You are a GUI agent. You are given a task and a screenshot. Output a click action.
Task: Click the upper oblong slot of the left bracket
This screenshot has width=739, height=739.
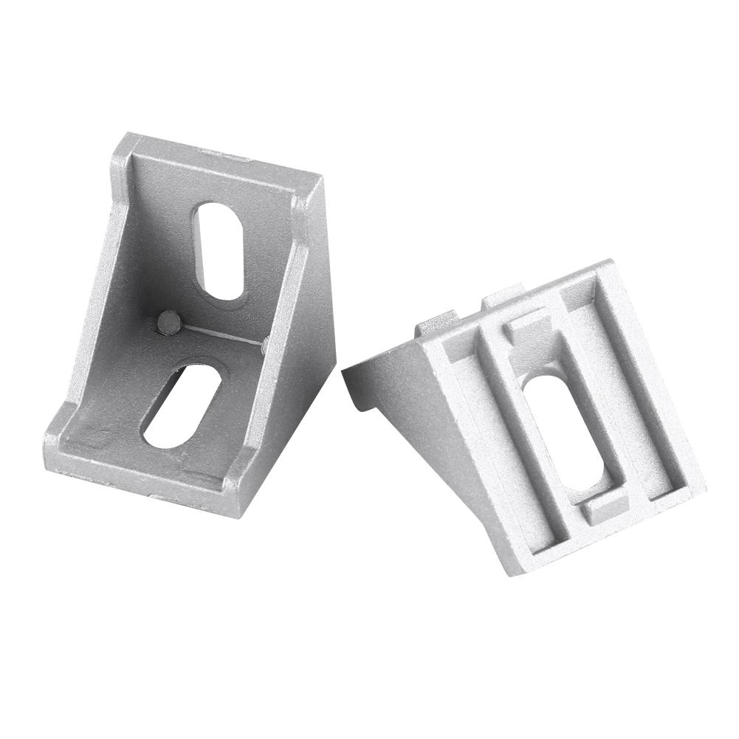pyautogui.click(x=219, y=251)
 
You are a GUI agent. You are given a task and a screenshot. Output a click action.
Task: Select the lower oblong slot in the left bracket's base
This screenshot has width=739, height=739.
pyautogui.click(x=182, y=405)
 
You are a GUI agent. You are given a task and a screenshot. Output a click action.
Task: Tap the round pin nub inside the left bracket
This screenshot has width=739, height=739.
pyautogui.click(x=169, y=322)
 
